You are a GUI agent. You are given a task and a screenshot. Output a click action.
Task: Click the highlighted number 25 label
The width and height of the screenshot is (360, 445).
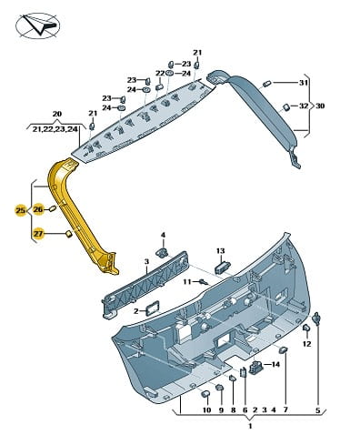coord(21,210)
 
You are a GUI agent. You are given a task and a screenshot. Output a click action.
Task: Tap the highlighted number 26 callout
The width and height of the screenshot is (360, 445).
coord(38,209)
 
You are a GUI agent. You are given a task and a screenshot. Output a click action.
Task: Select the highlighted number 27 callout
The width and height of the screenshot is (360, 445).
coord(38,234)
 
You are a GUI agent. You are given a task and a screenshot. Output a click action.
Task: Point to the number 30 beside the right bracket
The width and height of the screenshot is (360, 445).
coord(320,106)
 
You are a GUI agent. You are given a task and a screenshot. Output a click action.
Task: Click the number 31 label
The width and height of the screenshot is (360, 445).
coord(304,83)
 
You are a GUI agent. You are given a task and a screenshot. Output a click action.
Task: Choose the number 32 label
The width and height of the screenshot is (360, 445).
coord(304,106)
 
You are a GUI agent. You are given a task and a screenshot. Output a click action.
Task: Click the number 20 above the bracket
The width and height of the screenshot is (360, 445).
coord(57,114)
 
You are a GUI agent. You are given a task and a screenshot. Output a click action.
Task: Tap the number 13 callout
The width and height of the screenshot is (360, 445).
coord(221,251)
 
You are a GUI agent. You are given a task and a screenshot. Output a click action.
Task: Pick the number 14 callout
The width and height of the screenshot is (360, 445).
coord(275,364)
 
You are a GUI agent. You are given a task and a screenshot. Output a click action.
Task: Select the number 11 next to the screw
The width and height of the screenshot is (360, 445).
coord(187,282)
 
